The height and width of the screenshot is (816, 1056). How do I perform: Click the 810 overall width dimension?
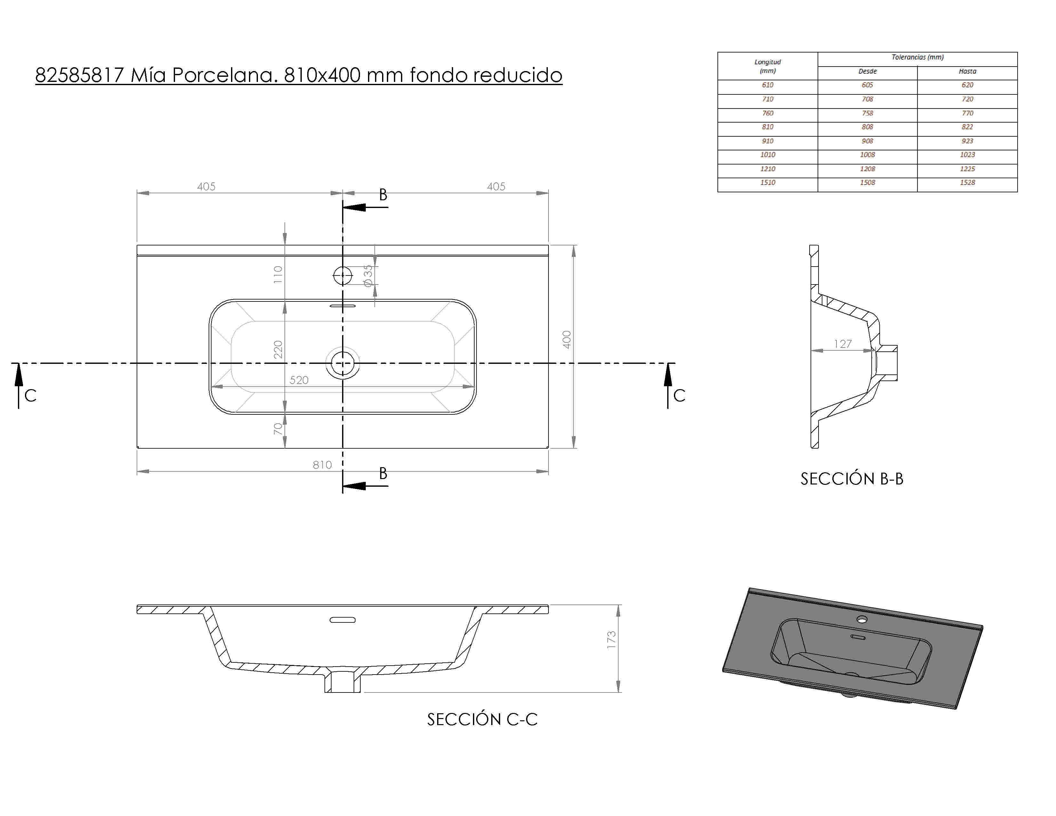322,465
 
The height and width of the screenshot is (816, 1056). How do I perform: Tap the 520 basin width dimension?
299,380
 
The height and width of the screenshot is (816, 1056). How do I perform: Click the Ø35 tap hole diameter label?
368,276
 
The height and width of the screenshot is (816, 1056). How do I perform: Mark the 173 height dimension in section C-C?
611,640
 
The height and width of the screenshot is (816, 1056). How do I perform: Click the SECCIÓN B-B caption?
852,479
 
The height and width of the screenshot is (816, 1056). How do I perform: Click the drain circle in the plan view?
343,364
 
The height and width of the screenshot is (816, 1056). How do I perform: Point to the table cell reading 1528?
967,183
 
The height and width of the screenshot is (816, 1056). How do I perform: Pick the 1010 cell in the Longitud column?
767,155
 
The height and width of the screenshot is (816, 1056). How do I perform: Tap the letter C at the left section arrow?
30,396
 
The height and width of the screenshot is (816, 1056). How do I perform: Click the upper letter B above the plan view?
383,195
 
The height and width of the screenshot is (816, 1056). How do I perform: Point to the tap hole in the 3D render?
862,619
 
